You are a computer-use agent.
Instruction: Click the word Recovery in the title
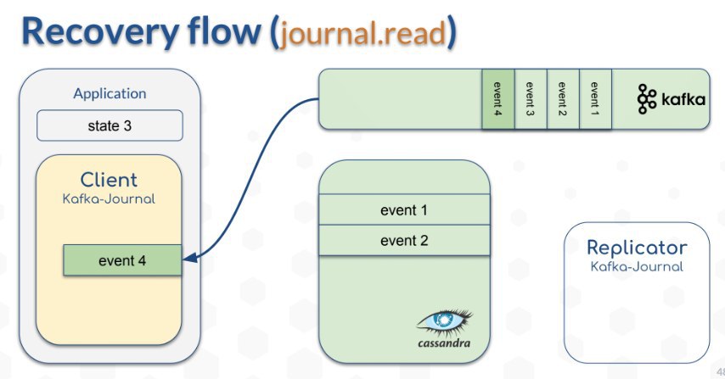[x=100, y=32]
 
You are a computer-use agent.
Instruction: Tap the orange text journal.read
[x=363, y=34]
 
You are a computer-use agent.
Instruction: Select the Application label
[x=110, y=94]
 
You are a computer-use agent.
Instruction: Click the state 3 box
[x=110, y=125]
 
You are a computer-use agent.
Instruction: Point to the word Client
[x=109, y=180]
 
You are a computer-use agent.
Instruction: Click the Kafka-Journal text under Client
[x=109, y=199]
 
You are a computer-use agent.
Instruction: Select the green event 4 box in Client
[x=122, y=260]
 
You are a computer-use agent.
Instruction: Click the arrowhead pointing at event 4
[x=189, y=258]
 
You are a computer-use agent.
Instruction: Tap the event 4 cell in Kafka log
[x=498, y=99]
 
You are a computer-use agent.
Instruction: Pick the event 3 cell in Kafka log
[x=531, y=99]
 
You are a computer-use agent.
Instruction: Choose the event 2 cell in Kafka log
[x=563, y=99]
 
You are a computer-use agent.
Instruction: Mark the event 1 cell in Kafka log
[x=595, y=99]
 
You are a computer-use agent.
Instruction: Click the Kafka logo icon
[x=646, y=99]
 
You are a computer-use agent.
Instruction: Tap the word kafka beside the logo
[x=683, y=99]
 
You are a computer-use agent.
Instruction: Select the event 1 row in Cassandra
[x=404, y=210]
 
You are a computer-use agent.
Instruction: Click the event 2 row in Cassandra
[x=404, y=241]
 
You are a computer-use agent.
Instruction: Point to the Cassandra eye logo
[x=444, y=321]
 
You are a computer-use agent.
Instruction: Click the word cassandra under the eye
[x=444, y=343]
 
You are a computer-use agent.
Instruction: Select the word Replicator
[x=637, y=248]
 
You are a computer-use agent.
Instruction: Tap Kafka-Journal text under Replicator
[x=637, y=266]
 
